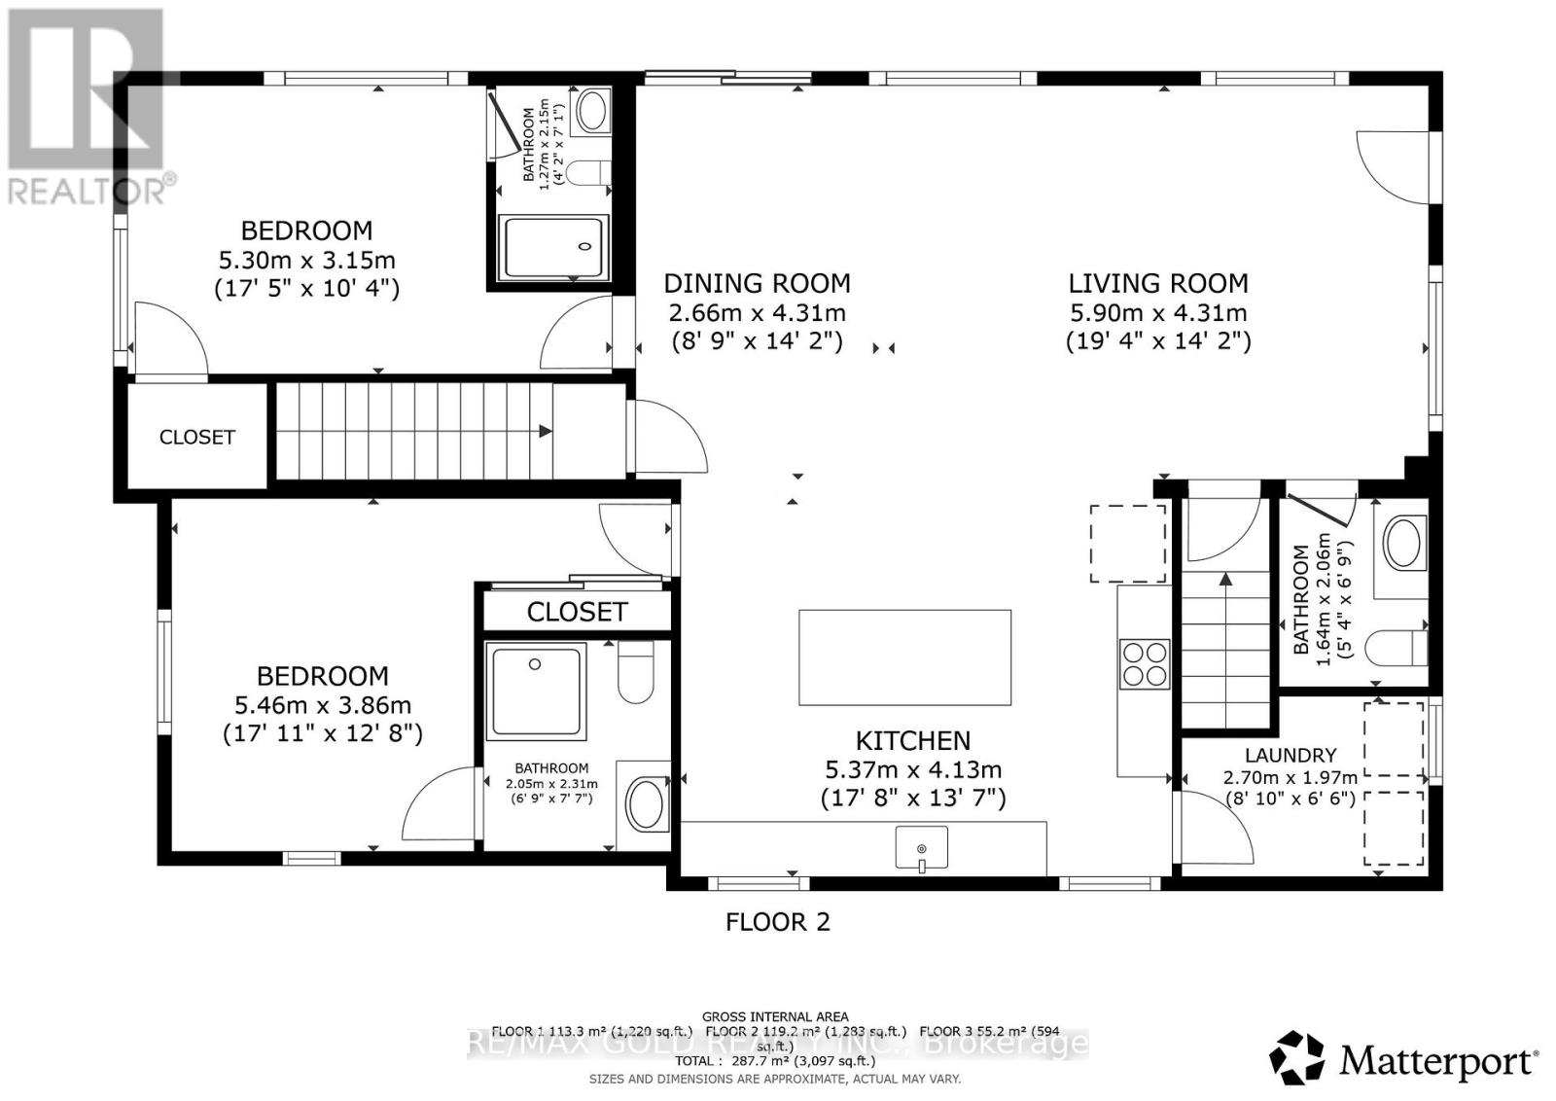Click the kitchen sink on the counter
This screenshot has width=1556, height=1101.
(x=921, y=848)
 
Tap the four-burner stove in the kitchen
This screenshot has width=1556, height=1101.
(x=1144, y=663)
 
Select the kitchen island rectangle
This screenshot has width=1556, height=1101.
(x=904, y=657)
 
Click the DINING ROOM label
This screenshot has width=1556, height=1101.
(x=757, y=284)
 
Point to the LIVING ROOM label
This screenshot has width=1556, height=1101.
(x=1157, y=284)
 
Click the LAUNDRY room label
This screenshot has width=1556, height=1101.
(x=1290, y=755)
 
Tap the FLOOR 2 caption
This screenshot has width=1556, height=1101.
(x=778, y=922)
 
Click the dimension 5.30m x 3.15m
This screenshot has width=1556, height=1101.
(x=306, y=261)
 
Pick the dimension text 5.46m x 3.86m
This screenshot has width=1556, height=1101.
(x=322, y=705)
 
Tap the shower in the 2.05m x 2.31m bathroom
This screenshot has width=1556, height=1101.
(x=538, y=691)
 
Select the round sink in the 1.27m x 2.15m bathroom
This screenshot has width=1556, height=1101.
(x=590, y=111)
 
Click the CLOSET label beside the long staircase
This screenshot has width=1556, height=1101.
(x=197, y=438)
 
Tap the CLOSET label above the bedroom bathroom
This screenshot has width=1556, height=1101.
(x=577, y=612)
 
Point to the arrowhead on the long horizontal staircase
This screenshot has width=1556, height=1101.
(x=546, y=431)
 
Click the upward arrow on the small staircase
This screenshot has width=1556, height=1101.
(x=1225, y=581)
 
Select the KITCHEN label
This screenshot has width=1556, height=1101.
(x=912, y=741)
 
